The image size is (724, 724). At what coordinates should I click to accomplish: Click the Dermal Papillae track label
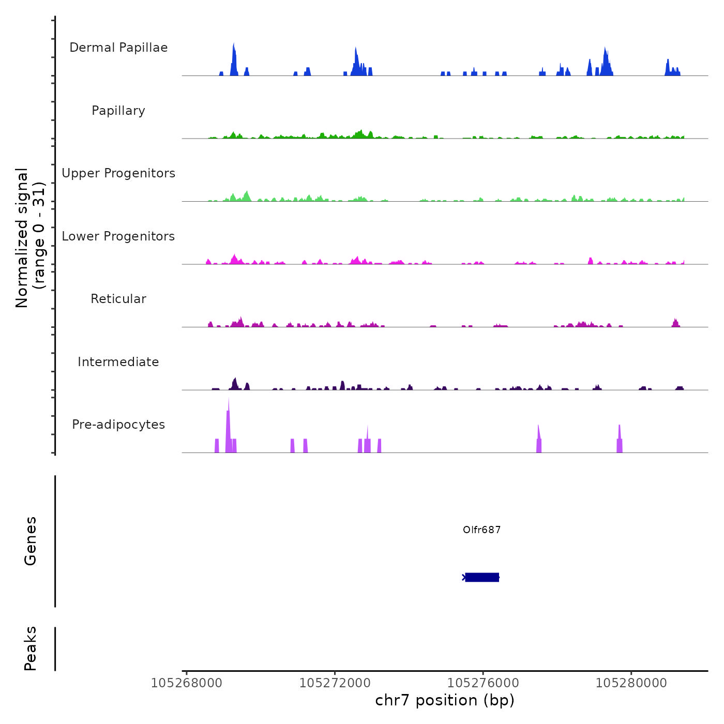pos(118,48)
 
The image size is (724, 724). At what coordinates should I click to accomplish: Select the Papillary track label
pos(118,111)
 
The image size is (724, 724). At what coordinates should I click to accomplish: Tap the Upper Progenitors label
pos(118,173)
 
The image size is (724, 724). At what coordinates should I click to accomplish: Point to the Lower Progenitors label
pos(118,236)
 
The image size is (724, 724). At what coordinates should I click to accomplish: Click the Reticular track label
pos(118,299)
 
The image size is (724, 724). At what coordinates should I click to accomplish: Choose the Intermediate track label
pos(118,362)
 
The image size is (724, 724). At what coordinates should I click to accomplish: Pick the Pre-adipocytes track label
pos(118,425)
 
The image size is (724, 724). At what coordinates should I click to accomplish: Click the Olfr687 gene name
pos(481,530)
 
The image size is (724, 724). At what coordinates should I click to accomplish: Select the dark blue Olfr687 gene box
pos(482,577)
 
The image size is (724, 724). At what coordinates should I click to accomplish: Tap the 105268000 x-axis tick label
pos(186,683)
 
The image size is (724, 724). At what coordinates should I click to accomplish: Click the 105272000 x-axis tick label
pos(335,683)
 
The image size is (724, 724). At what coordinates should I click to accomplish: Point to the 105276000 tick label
pos(483,683)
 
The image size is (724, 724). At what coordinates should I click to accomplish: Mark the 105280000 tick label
pos(631,683)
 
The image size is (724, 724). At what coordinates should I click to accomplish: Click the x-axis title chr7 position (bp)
pos(445,700)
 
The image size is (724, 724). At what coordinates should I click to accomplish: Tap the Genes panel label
pos(31,541)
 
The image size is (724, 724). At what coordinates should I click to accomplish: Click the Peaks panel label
pos(31,648)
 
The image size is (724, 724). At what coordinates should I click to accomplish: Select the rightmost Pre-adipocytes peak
pos(620,440)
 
